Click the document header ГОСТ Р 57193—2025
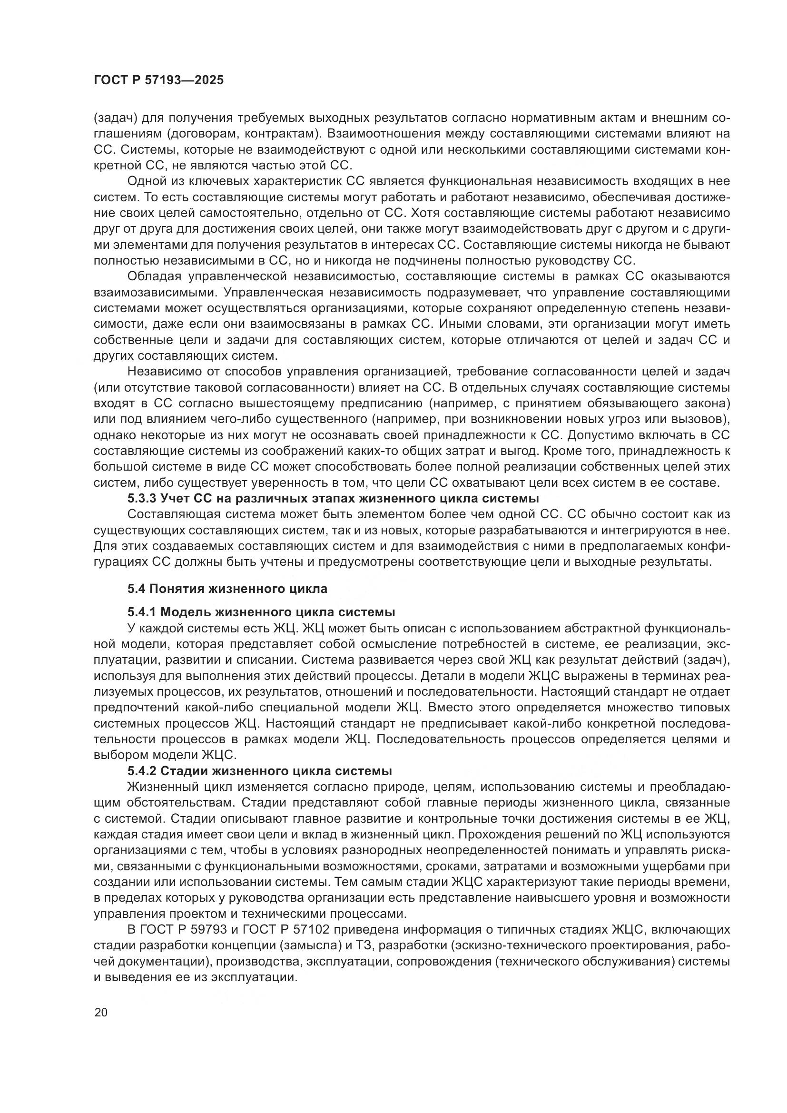tap(158, 80)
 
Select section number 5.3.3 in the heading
tap(141, 498)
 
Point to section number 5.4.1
tap(141, 612)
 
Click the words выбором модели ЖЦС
tap(164, 755)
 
